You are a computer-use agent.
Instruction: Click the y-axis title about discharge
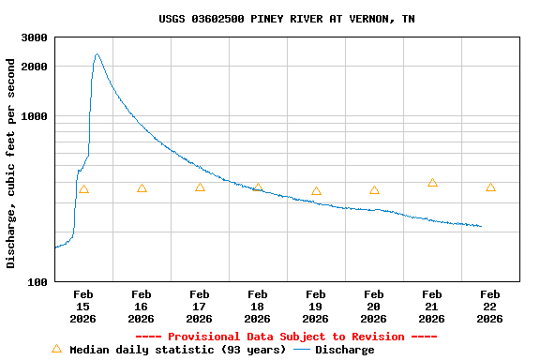(x=11, y=163)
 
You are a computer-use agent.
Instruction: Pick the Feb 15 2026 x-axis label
(x=82, y=307)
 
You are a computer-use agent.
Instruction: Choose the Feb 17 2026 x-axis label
(x=199, y=307)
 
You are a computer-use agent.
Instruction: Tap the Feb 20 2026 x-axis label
(x=374, y=307)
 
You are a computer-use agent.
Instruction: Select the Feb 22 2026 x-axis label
(x=490, y=307)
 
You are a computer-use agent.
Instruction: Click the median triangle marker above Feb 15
(x=83, y=189)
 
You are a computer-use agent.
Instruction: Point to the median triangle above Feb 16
(x=142, y=188)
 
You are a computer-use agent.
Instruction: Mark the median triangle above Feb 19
(x=316, y=191)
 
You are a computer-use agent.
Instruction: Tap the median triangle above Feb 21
(x=432, y=183)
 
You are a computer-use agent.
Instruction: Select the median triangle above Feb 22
(x=490, y=187)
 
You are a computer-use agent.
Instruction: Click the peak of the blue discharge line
(x=97, y=54)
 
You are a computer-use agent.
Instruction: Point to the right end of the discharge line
(x=481, y=226)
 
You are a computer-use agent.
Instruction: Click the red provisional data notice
(x=286, y=337)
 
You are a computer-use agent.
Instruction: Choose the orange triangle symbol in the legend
(x=56, y=349)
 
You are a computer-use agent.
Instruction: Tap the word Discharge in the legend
(x=344, y=350)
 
